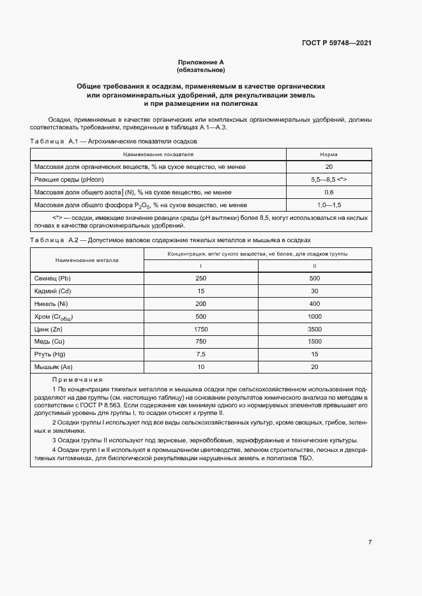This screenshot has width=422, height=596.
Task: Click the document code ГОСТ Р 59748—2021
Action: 336,43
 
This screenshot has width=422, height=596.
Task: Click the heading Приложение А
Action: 201,62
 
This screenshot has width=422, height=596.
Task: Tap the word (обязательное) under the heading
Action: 201,69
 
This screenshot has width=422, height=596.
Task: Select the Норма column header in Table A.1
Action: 329,154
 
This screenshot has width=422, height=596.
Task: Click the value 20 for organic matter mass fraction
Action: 329,167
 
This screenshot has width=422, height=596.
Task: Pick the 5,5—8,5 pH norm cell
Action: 329,180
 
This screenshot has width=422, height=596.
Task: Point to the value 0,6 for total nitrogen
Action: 329,192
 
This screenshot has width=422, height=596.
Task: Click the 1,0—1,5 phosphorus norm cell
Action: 329,205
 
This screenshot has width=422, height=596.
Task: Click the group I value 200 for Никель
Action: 201,304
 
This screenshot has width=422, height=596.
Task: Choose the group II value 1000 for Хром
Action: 314,317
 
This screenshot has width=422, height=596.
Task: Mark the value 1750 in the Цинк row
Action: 201,329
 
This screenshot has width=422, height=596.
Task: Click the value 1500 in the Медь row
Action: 314,342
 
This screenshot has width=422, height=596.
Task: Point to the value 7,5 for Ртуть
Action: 201,354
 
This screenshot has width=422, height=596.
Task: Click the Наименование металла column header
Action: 87,260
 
